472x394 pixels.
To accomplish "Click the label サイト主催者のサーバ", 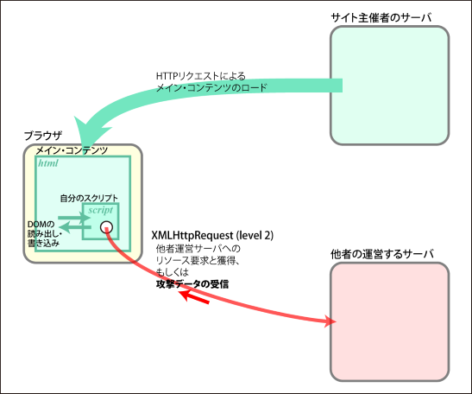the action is pyautogui.click(x=381, y=17).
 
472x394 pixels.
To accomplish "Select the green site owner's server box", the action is pyautogui.click(x=389, y=86).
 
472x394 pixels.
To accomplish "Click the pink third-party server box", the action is pyautogui.click(x=389, y=322).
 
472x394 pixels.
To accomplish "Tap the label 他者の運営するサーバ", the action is pyautogui.click(x=382, y=254).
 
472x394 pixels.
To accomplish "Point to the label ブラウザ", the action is pyautogui.click(x=43, y=136).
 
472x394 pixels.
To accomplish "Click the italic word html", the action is pyautogui.click(x=48, y=163).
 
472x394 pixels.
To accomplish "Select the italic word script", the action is pyautogui.click(x=101, y=210).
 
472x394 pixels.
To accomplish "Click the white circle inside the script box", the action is pyautogui.click(x=106, y=227).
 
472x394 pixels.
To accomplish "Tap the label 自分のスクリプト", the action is pyautogui.click(x=89, y=198).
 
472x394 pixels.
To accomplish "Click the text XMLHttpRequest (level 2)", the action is pyautogui.click(x=212, y=235).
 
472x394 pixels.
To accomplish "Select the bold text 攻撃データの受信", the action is pyautogui.click(x=192, y=284).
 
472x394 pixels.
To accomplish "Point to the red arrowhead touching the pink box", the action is pyautogui.click(x=330, y=321).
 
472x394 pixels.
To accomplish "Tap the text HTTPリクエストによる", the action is pyautogui.click(x=201, y=76).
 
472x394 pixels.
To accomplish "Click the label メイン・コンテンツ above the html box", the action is pyautogui.click(x=72, y=150).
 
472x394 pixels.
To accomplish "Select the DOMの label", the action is pyautogui.click(x=41, y=225).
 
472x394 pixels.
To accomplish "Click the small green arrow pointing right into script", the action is pyautogui.click(x=74, y=218).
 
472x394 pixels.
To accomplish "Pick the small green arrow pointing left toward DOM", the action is pyautogui.click(x=75, y=227).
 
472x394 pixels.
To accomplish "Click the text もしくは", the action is pyautogui.click(x=173, y=272).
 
